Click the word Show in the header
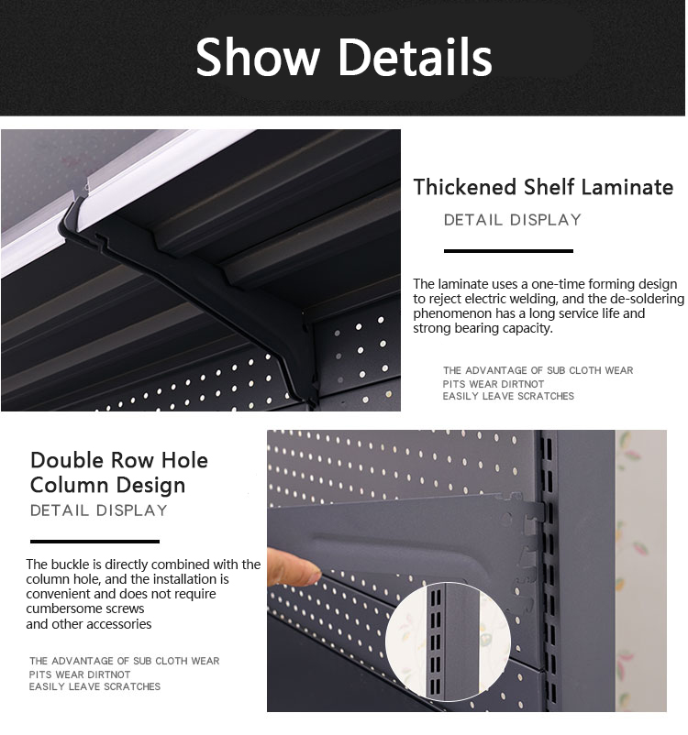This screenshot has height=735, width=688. coord(259,57)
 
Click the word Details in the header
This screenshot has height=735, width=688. coord(416,57)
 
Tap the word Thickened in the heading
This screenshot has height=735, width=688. coord(465,188)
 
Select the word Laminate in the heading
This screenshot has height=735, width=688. coord(627,188)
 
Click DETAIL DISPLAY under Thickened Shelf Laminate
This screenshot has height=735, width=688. coord(513,220)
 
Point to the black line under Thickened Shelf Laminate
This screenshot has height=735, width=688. coord(508,250)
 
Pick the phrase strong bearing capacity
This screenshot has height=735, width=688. coord(483,328)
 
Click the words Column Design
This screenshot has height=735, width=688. coord(107,485)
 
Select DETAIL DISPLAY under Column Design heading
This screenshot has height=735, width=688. coord(99,510)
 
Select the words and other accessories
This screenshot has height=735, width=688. coord(89,624)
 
